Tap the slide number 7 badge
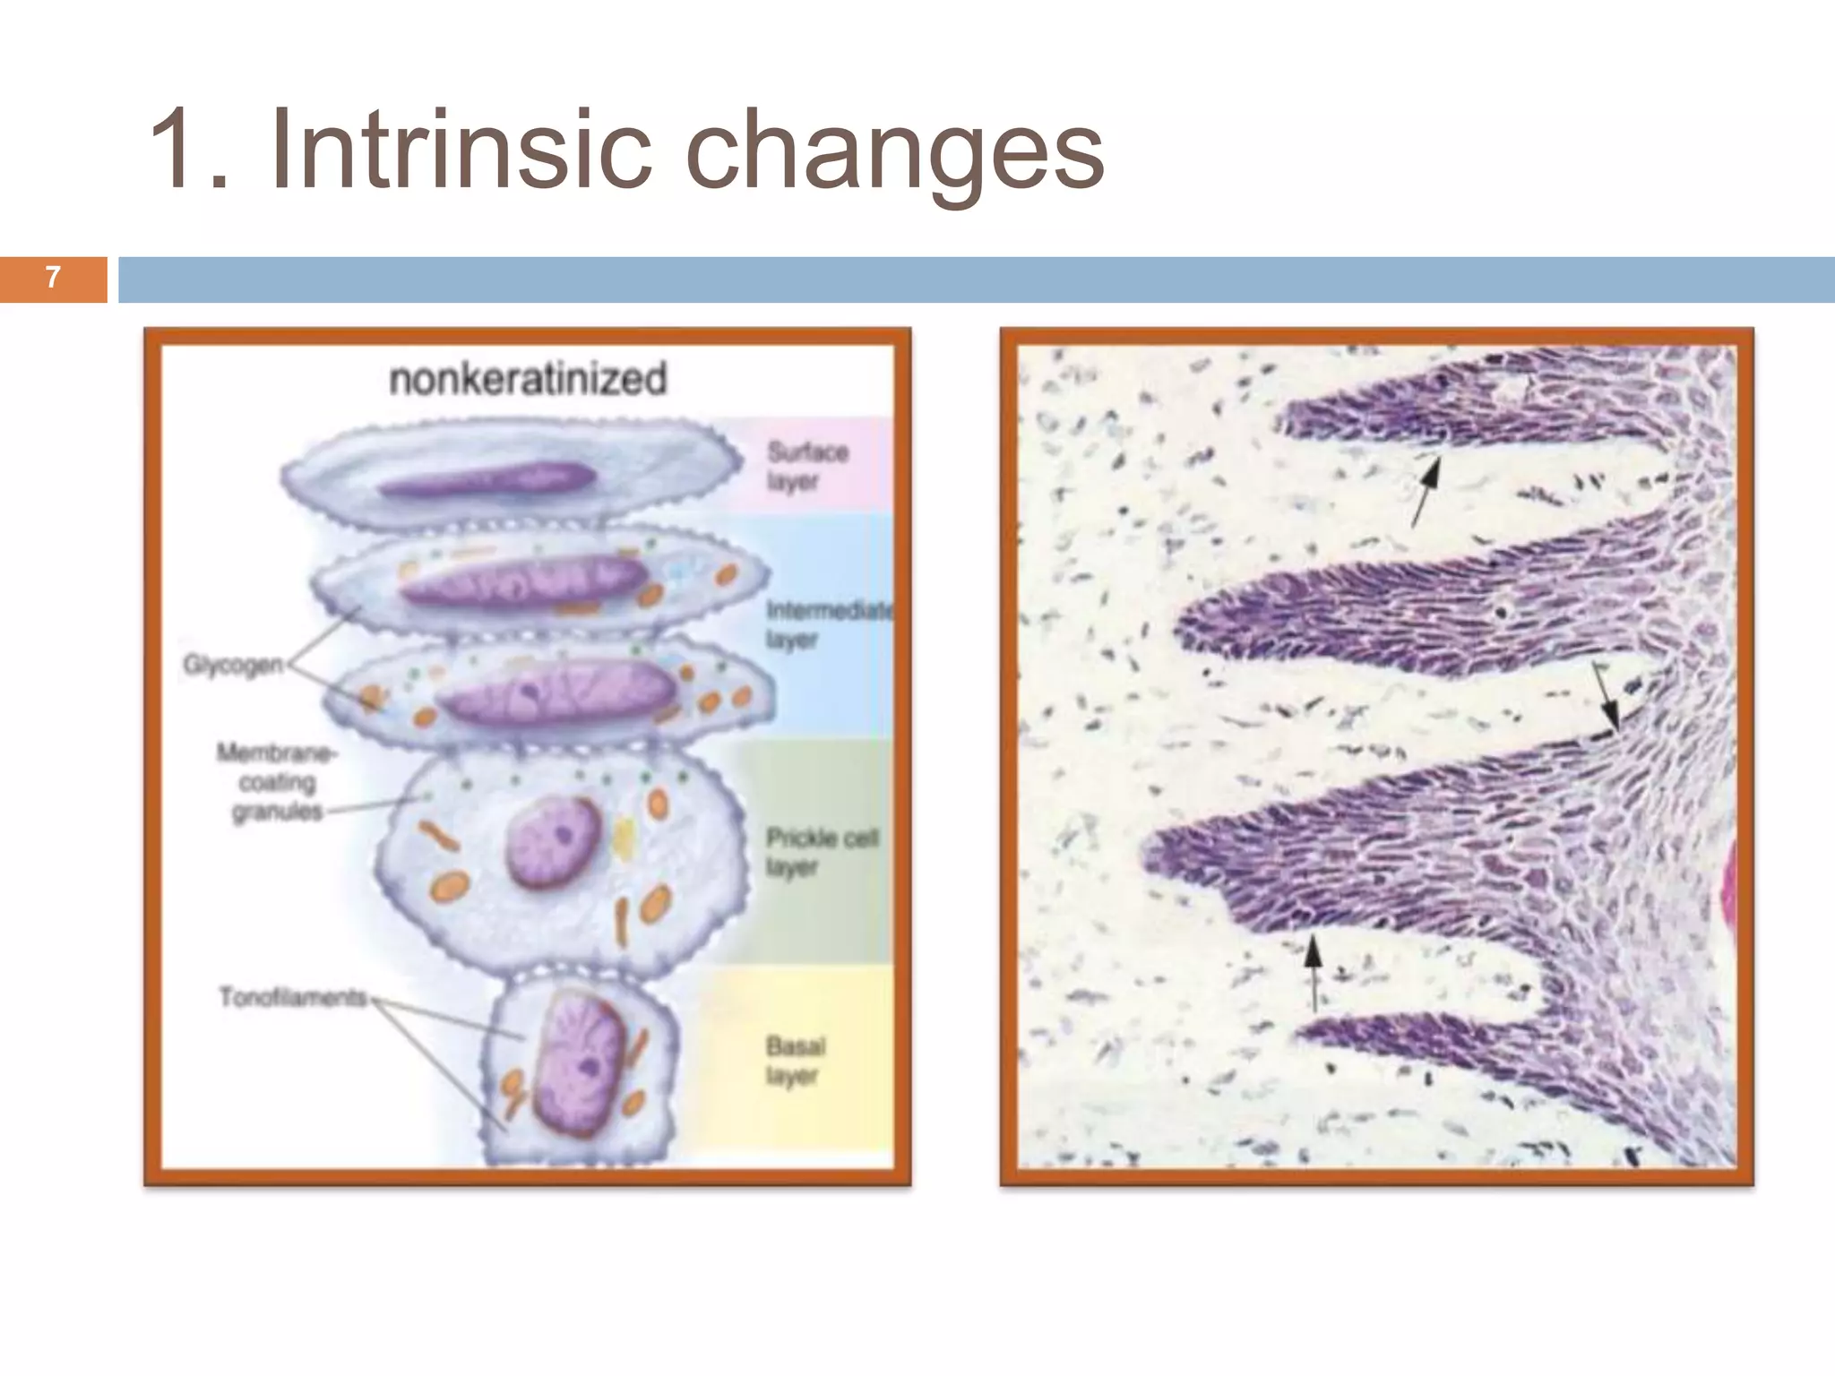(x=53, y=279)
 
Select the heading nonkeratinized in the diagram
(x=528, y=379)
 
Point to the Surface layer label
(x=806, y=466)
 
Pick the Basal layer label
(x=796, y=1060)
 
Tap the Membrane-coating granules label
(x=277, y=782)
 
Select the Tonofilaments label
(x=293, y=996)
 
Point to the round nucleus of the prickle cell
(x=553, y=841)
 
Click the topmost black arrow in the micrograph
(x=1426, y=489)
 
